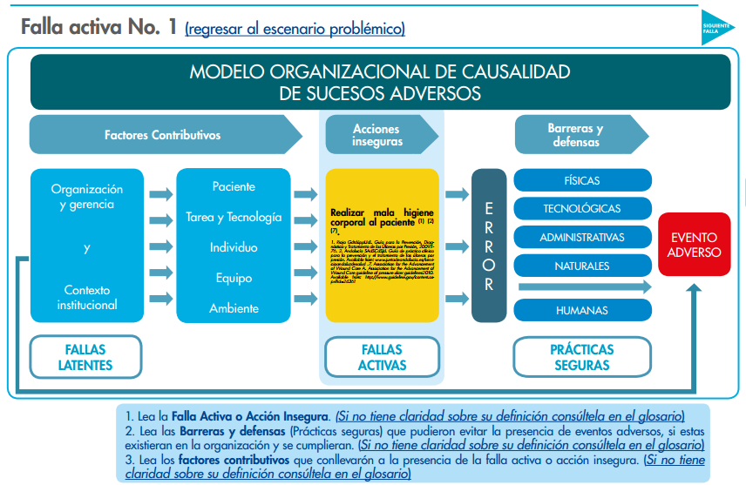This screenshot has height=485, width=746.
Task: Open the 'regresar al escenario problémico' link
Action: click(295, 29)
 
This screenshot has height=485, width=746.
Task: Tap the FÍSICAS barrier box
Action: click(582, 180)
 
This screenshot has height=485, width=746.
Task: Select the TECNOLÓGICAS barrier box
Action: click(582, 209)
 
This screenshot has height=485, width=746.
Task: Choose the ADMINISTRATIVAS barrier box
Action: click(582, 238)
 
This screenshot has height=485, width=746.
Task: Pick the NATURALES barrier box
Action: click(582, 266)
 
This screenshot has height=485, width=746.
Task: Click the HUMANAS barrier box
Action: click(582, 310)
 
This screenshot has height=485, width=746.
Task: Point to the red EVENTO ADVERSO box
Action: click(695, 245)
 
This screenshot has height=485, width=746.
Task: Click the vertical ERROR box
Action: click(489, 246)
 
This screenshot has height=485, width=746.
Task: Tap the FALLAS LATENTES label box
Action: click(85, 357)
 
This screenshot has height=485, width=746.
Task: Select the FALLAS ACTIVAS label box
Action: click(382, 357)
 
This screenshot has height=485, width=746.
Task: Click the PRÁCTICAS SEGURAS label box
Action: click(582, 357)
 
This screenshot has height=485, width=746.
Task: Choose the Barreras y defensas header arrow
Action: click(576, 135)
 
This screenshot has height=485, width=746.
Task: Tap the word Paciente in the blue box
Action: click(234, 187)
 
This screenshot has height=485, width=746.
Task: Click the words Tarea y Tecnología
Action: click(234, 217)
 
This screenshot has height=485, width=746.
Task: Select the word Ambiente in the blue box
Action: click(234, 308)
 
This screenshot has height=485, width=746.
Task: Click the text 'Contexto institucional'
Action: click(87, 298)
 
